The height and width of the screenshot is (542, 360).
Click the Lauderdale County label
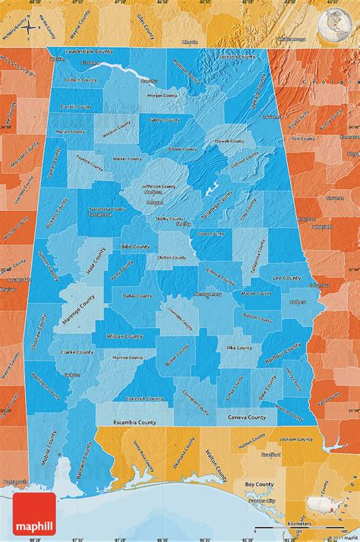[x=89, y=51]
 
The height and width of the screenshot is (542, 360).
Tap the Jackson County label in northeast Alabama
[x=236, y=56]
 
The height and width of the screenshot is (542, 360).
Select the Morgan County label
[x=162, y=96]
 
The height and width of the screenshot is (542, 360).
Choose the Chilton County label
[x=171, y=257]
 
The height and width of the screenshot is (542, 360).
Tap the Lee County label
[x=286, y=278]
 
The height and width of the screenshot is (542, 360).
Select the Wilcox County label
[x=124, y=335]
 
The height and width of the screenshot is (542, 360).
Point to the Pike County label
[x=239, y=347]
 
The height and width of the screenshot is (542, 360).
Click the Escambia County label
[x=137, y=421]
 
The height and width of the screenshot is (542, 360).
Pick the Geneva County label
[x=247, y=418]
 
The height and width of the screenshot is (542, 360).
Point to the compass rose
[x=28, y=28]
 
